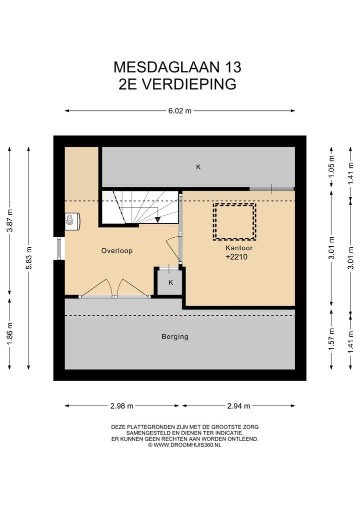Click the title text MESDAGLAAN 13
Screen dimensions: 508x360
tap(177, 66)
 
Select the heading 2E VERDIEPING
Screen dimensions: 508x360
tap(177, 84)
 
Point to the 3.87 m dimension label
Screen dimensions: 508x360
tap(9, 220)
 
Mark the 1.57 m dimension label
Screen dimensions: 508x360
tap(331, 338)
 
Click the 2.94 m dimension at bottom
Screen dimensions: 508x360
tap(238, 406)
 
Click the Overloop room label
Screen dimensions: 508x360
tap(116, 251)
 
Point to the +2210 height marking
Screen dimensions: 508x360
tap(236, 257)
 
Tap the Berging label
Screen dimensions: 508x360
tap(175, 337)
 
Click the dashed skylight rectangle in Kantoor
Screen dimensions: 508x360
tap(234, 221)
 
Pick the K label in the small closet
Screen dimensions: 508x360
tap(170, 283)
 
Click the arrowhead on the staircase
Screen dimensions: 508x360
tap(157, 219)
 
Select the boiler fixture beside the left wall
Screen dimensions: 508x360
tap(72, 221)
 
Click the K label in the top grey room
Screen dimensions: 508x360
tap(198, 167)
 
